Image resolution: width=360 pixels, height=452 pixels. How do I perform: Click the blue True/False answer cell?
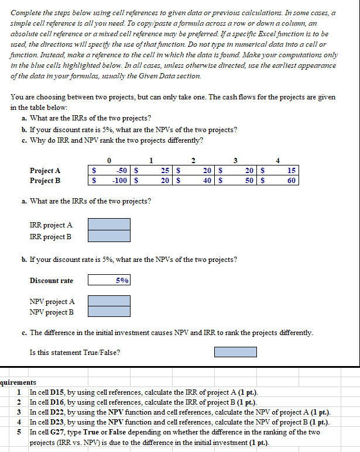(235, 352)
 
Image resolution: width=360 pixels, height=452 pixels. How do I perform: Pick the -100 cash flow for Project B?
(119, 181)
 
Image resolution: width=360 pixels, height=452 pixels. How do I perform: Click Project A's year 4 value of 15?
(291, 171)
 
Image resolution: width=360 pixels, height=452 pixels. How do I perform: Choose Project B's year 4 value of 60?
(291, 181)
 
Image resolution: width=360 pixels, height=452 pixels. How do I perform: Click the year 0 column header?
(109, 161)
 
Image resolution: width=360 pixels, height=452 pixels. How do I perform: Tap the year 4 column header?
(278, 161)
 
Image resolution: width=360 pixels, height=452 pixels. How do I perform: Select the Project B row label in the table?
(45, 181)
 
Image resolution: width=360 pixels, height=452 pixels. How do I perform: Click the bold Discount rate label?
(52, 281)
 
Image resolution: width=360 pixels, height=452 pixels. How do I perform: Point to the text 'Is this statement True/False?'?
(75, 353)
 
